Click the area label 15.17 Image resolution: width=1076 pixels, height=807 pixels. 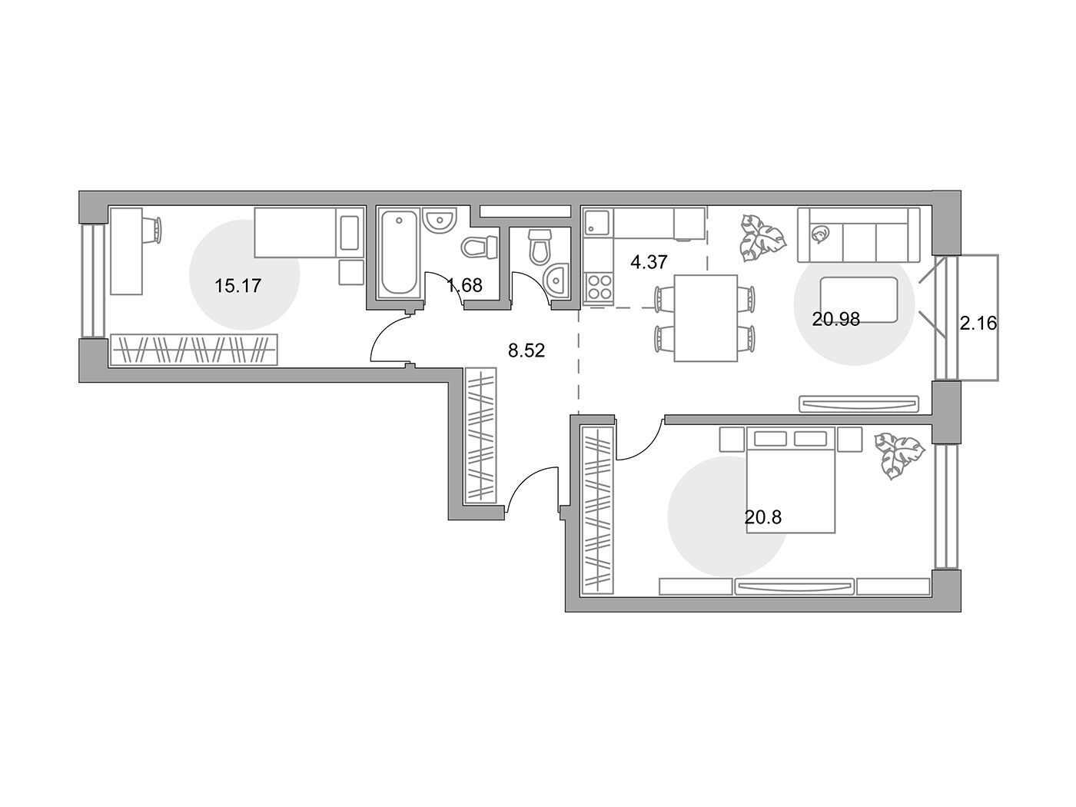pyautogui.click(x=237, y=285)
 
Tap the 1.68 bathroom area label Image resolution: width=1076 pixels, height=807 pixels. pyautogui.click(x=465, y=285)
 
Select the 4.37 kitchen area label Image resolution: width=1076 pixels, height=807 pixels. pyautogui.click(x=649, y=262)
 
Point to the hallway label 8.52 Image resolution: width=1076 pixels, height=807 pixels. pyautogui.click(x=526, y=350)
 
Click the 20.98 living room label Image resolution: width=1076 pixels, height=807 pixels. pyautogui.click(x=835, y=320)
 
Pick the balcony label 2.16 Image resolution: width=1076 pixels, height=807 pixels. pyautogui.click(x=978, y=324)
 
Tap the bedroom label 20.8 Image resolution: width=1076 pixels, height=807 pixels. pyautogui.click(x=763, y=516)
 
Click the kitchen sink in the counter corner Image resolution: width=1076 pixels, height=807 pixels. pyautogui.click(x=596, y=222)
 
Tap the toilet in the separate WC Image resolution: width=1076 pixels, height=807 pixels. pyautogui.click(x=540, y=247)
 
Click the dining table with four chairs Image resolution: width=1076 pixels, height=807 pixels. pyautogui.click(x=706, y=318)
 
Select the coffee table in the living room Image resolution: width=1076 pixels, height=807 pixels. pyautogui.click(x=858, y=300)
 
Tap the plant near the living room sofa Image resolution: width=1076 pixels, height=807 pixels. pyautogui.click(x=762, y=237)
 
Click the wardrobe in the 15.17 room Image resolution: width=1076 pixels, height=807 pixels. pyautogui.click(x=194, y=350)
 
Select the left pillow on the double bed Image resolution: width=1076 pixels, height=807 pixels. pyautogui.click(x=770, y=439)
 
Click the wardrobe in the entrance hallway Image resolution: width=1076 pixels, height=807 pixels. pyautogui.click(x=480, y=435)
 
